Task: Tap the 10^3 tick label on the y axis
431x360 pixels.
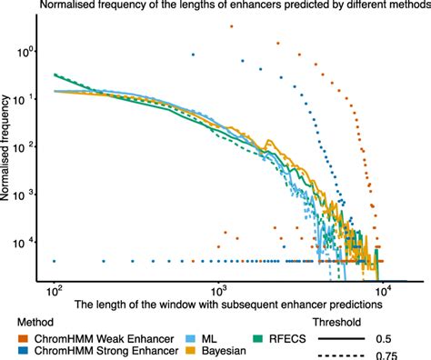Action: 32,195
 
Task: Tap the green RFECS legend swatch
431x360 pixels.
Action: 240,339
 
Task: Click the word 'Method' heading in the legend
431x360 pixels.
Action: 24,324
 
